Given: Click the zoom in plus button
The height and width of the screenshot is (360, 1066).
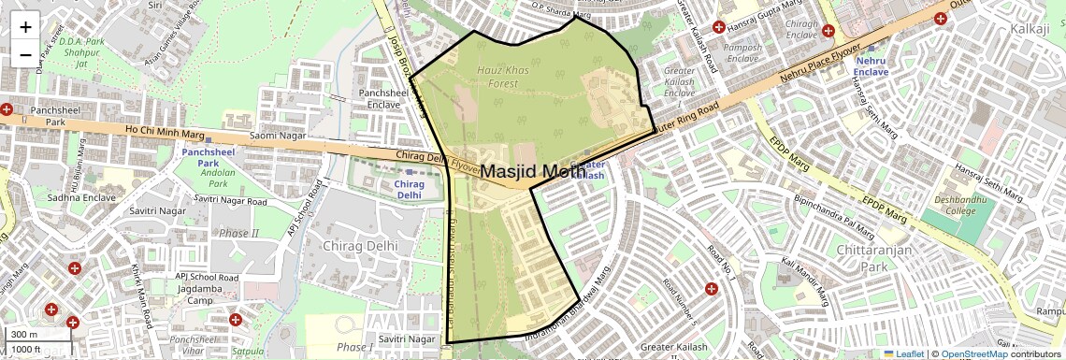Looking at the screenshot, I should tap(25, 27).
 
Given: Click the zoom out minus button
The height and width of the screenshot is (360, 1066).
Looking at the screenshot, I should tap(25, 55).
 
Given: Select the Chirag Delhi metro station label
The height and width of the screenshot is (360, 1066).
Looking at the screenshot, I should tap(402, 190).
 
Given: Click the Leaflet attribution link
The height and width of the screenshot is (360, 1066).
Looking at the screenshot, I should tap(904, 353).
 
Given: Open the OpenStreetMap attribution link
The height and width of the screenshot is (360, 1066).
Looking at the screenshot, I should tap(973, 353).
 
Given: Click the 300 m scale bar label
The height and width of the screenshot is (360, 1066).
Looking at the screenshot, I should tap(24, 335).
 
